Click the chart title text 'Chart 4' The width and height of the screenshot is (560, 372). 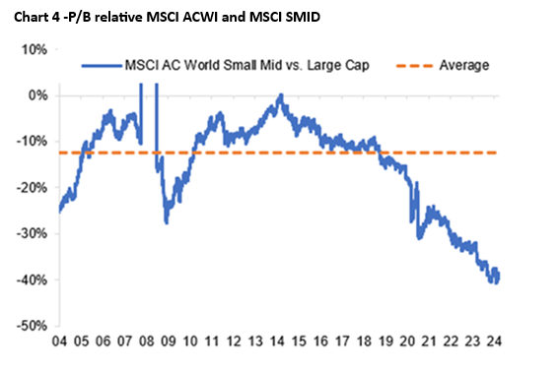click(36, 17)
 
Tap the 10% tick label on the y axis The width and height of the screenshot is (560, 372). click(35, 49)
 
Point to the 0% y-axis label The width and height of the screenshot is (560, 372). click(37, 95)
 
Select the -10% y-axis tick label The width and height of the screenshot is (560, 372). click(32, 142)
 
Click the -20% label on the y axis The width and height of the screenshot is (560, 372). click(32, 188)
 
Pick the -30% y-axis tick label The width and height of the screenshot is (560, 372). click(32, 233)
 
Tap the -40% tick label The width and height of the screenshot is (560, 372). click(32, 279)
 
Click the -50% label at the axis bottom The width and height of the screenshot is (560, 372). click(32, 326)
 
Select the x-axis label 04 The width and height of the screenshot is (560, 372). click(59, 341)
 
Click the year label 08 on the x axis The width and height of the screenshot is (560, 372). click(147, 341)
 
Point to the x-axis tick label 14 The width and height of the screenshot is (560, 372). click(277, 341)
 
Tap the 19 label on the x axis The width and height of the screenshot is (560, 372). click(385, 341)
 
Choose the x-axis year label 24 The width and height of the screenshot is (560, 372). click(495, 341)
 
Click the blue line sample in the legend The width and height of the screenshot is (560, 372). click(102, 66)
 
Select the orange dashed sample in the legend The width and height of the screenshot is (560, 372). click(414, 66)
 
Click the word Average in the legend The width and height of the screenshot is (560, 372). click(464, 65)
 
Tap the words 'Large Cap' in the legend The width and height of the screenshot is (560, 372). click(338, 66)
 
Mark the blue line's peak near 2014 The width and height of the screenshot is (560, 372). click(281, 94)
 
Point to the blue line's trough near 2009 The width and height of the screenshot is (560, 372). click(167, 222)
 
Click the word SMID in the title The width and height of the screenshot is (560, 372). click(303, 17)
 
